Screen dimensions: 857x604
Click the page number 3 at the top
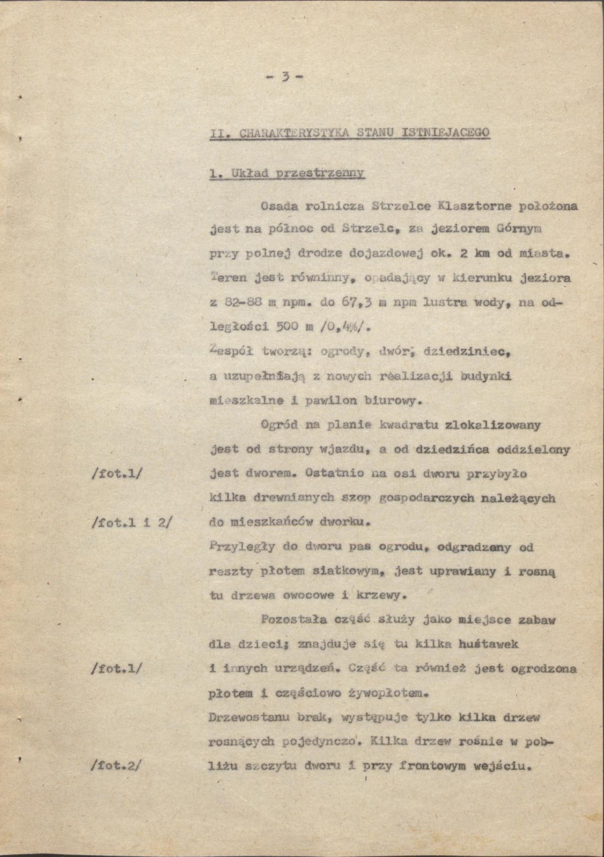pyautogui.click(x=284, y=78)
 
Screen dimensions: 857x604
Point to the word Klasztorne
pyautogui.click(x=484, y=207)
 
